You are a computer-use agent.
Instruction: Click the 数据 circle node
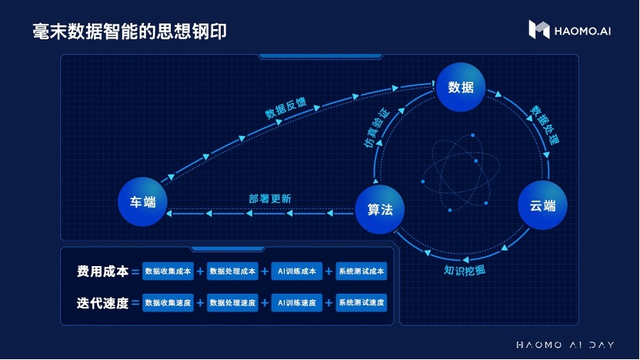(x=461, y=88)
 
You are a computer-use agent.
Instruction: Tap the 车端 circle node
(x=142, y=202)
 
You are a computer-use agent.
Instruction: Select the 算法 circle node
(x=380, y=208)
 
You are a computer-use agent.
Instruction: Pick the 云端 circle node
(x=542, y=205)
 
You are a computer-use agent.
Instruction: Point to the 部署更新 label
(x=269, y=198)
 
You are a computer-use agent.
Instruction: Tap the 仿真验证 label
(x=376, y=128)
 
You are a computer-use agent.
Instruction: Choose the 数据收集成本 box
(x=168, y=272)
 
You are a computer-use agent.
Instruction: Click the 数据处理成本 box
(x=232, y=272)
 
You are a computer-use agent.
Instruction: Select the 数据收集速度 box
(x=168, y=302)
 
